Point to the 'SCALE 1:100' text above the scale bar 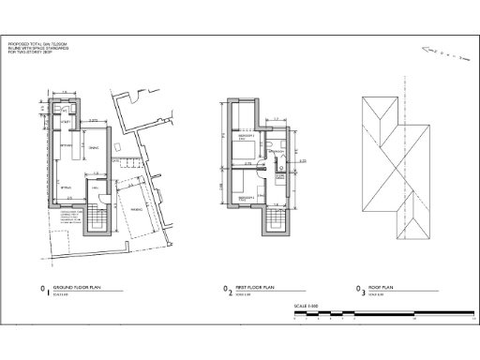tap(307, 307)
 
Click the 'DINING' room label tap(93, 148)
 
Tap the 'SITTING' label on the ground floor tap(67, 187)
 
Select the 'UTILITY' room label tap(67, 122)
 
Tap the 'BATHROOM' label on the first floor tap(278, 150)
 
